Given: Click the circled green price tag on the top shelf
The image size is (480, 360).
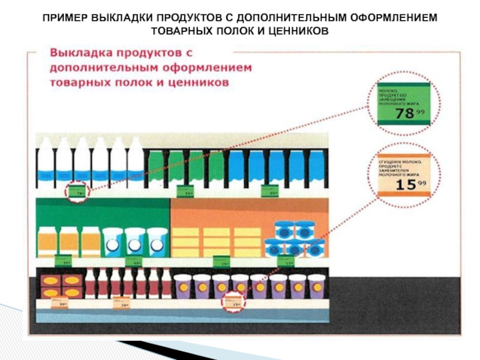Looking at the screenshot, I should (77, 191).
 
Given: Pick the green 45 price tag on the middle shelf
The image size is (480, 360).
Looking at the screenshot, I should (137, 261).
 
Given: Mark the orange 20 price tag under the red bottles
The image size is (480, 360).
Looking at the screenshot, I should (122, 303).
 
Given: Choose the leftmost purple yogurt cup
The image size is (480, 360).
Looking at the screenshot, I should (182, 286).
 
